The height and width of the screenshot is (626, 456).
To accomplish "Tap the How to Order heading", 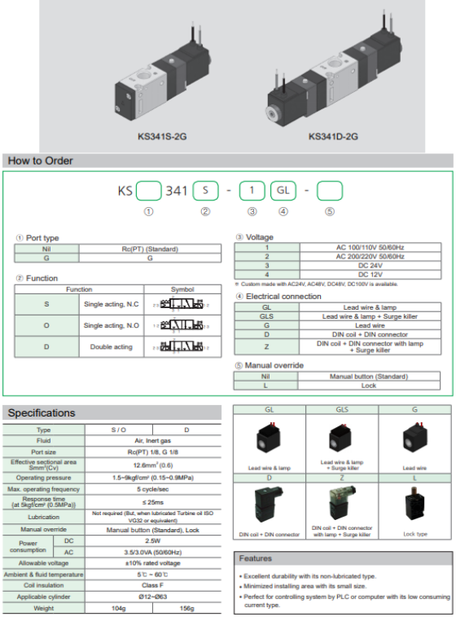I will click(41, 161).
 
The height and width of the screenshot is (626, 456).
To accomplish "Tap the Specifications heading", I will click(42, 413).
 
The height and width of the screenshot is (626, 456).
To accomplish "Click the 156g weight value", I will click(187, 607).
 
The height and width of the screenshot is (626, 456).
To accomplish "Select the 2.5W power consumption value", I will click(154, 540).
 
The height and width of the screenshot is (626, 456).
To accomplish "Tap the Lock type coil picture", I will click(414, 510).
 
